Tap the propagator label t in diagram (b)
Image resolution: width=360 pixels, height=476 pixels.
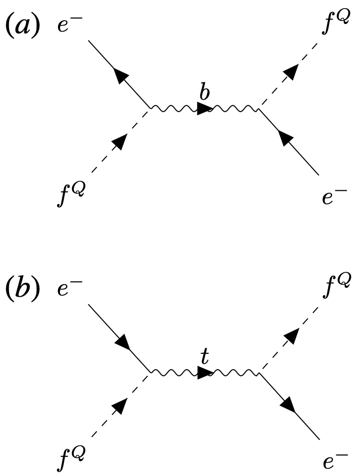(x=205, y=358)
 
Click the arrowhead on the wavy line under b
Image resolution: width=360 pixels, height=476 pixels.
(x=204, y=109)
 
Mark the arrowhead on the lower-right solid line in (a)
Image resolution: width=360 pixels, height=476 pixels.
(x=287, y=139)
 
